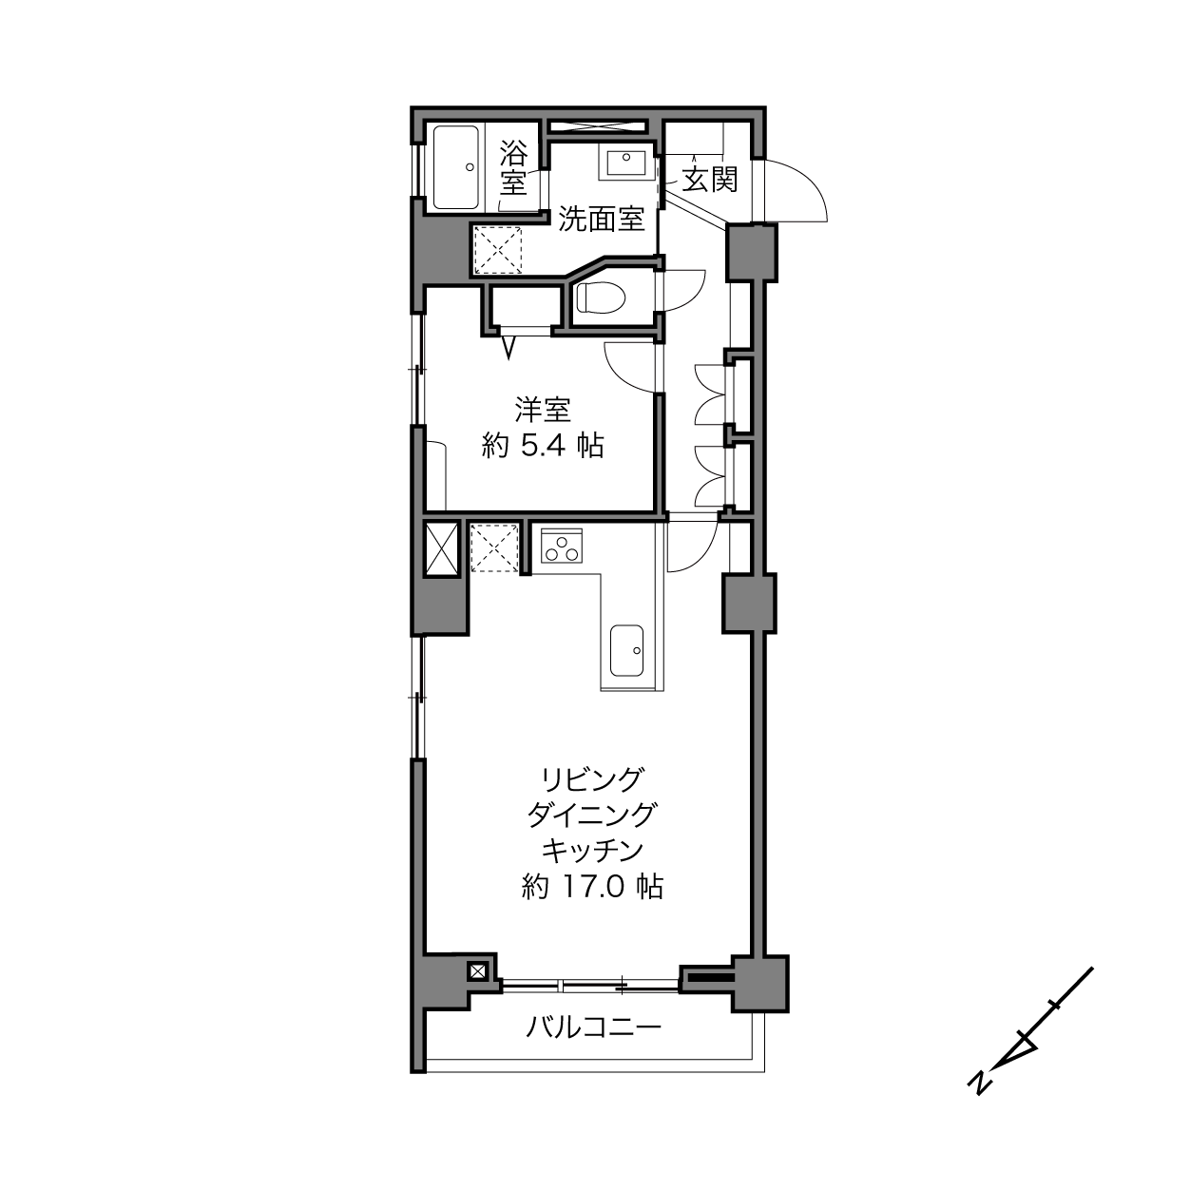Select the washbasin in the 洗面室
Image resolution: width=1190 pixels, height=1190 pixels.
[x=625, y=163]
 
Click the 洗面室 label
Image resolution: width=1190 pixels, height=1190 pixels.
[x=602, y=219]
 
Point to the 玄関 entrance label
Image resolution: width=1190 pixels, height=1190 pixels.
[x=710, y=180]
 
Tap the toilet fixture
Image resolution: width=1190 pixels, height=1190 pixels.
[x=601, y=297]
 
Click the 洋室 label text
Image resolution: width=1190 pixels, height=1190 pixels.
[x=543, y=409]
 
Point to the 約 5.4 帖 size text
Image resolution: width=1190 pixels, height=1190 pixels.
[x=543, y=445]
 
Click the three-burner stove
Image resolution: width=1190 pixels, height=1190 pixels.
[x=562, y=546]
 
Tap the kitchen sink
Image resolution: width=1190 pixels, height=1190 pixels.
[x=626, y=650]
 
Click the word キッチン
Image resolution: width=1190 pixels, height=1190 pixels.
[x=593, y=852]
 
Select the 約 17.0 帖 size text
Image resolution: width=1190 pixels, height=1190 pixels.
[x=593, y=888]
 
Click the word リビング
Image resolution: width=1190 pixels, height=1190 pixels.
[x=593, y=780]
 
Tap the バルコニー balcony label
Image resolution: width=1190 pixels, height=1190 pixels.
[x=593, y=1027]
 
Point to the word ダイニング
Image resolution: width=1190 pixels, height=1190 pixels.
[x=593, y=816]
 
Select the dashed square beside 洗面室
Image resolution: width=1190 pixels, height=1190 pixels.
[x=498, y=250]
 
